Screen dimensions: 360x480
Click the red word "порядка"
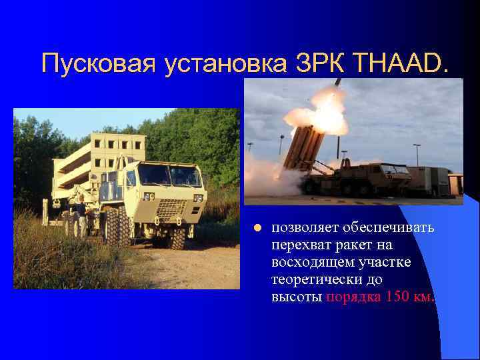(x=353, y=297)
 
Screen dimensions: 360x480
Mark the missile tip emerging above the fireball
(x=338, y=83)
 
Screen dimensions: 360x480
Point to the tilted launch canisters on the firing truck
(x=303, y=147)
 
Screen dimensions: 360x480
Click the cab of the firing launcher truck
(x=393, y=174)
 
